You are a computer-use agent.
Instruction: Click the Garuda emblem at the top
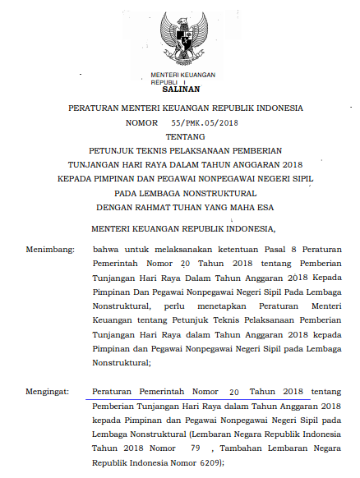tap(180, 37)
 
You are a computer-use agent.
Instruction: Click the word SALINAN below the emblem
tap(180, 90)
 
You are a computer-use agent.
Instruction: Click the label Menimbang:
tap(49, 247)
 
